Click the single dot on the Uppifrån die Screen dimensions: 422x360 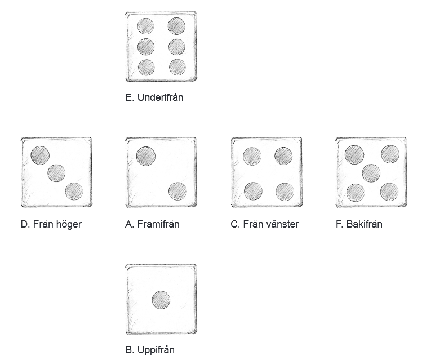(161, 300)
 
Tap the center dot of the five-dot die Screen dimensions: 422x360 (371, 174)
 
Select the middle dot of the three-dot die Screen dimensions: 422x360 (56, 173)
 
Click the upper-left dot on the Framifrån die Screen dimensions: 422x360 (146, 156)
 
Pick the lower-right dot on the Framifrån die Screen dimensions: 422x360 (177, 192)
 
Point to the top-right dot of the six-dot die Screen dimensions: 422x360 (176, 26)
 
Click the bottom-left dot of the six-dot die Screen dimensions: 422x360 (146, 67)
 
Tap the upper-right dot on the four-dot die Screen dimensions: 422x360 (283, 156)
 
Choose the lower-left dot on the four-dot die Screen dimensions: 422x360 (253, 192)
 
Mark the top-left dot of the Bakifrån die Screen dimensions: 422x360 (354, 155)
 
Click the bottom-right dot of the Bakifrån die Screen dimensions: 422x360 (389, 192)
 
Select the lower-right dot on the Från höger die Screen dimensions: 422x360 (74, 192)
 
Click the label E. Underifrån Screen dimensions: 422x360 (154, 97)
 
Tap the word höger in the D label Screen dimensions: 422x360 (69, 224)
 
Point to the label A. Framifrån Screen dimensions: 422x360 (152, 224)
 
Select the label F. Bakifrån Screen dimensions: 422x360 (359, 224)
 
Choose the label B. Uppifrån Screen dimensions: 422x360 (150, 350)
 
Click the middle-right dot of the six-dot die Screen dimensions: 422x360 (177, 47)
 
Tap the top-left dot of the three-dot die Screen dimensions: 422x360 (41, 155)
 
